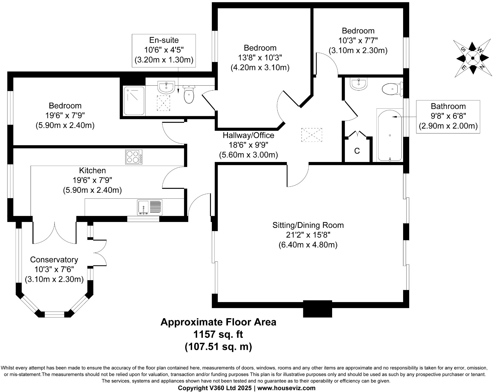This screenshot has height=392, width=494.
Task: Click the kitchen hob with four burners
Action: click(134, 157)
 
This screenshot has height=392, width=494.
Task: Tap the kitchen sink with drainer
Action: click(150, 207)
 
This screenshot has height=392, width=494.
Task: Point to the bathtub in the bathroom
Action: click(390, 135)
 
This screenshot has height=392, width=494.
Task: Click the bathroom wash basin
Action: click(359, 84)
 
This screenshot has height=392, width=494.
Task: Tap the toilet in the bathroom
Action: click(392, 89)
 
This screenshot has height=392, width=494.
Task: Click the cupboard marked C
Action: click(357, 151)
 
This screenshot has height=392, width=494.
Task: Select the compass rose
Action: click(472, 58)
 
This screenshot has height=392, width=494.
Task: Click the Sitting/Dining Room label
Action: click(308, 225)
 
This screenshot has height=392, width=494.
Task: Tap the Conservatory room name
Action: click(54, 260)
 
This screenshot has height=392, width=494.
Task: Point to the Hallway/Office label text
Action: click(248, 135)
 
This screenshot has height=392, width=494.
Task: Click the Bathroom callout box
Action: click(448, 116)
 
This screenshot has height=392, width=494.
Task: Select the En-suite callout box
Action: click(164, 50)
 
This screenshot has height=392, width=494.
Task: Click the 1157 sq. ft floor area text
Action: click(218, 334)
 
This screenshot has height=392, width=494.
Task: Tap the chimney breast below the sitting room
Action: click(317, 309)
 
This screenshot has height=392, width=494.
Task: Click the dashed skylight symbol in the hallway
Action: click(311, 135)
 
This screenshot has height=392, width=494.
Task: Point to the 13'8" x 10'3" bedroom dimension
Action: click(260, 58)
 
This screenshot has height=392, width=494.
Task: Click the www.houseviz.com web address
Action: click(286, 388)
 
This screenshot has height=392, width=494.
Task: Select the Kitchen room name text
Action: click(92, 170)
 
